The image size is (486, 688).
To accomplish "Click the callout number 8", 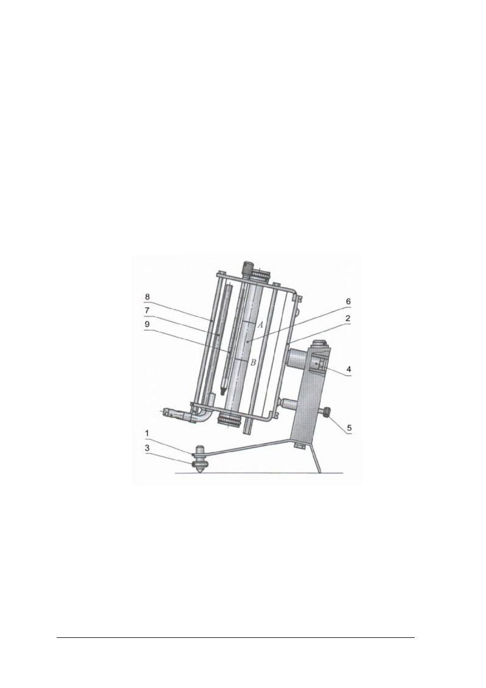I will (146, 296).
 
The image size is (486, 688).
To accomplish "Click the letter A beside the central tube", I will (260, 324).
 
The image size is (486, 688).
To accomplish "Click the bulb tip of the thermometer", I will (223, 391).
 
